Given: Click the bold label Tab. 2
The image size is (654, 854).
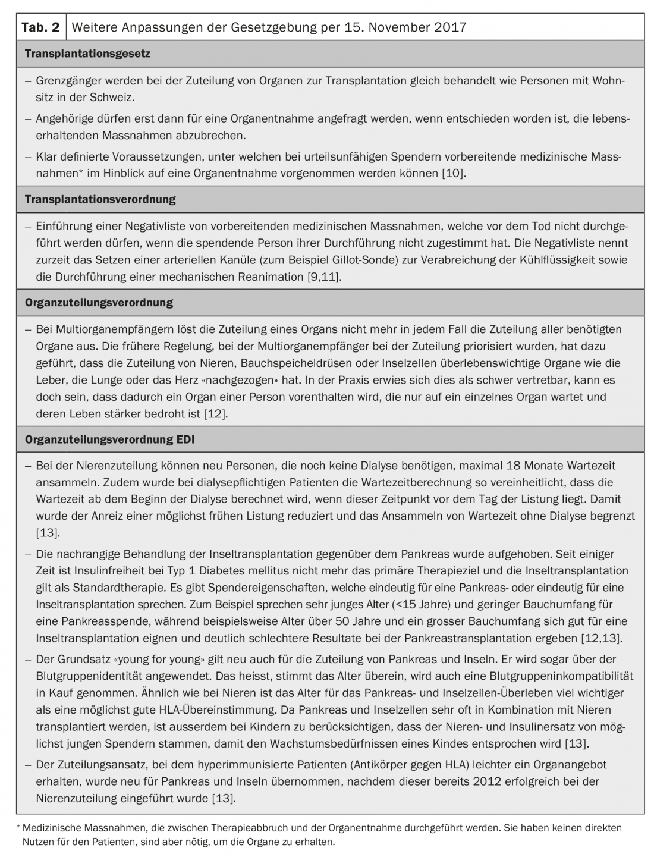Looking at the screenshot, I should [x=40, y=27].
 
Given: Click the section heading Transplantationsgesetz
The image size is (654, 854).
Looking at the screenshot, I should [x=87, y=54].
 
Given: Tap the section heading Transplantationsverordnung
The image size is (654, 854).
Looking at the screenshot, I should [x=100, y=199].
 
